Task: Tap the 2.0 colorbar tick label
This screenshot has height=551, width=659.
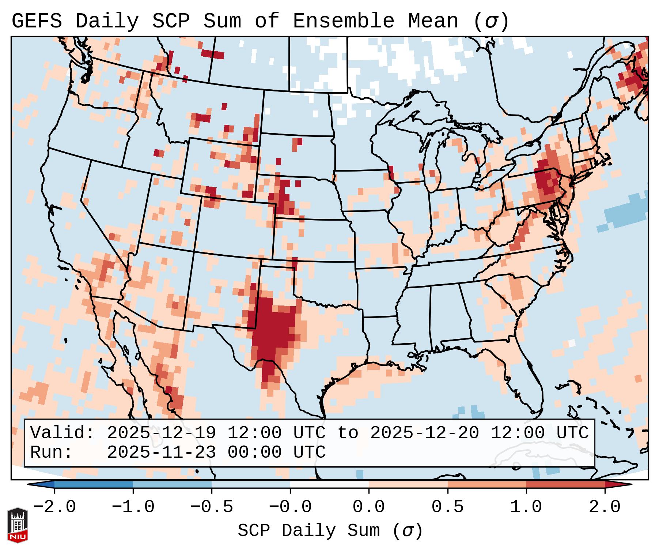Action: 605,507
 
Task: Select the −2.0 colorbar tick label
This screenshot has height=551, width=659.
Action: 54,507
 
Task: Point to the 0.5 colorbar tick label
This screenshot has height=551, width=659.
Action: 447,507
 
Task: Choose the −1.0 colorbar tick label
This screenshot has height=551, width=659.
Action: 133,507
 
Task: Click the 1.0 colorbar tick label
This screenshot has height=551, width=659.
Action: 526,507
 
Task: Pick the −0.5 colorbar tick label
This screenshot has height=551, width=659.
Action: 211,507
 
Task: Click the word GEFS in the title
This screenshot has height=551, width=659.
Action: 37,21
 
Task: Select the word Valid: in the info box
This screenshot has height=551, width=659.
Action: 63,433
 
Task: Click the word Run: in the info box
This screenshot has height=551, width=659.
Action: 52,452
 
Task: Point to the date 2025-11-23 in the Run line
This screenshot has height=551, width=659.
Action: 161,452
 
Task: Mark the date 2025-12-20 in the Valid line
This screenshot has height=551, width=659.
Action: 424,433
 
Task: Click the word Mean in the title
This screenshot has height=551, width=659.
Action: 433,21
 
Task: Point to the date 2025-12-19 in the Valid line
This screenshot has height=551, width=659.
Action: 161,433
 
